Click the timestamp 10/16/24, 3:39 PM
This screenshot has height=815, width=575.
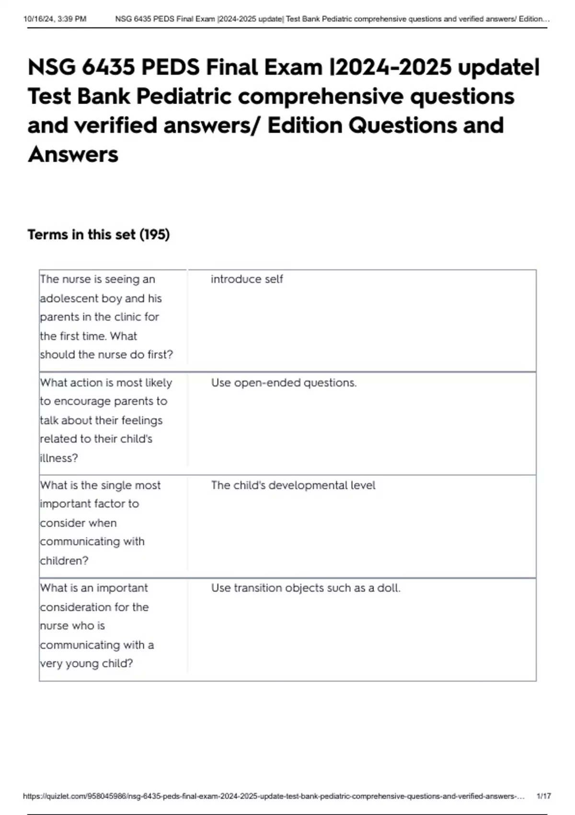coord(55,19)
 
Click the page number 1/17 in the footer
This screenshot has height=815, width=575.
coord(544,796)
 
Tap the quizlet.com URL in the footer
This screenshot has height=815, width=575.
coord(273,796)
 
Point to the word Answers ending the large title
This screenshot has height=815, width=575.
coord(73,154)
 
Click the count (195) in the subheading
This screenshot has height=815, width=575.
coord(154,234)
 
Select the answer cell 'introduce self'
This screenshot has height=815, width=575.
coord(247,279)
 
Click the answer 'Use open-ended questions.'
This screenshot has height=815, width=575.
coord(284,383)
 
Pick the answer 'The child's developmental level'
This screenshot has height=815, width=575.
coord(293,485)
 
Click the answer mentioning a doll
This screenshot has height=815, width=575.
coord(305,588)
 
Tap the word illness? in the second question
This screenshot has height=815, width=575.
coord(58,458)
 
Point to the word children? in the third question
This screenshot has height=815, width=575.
coord(64,560)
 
